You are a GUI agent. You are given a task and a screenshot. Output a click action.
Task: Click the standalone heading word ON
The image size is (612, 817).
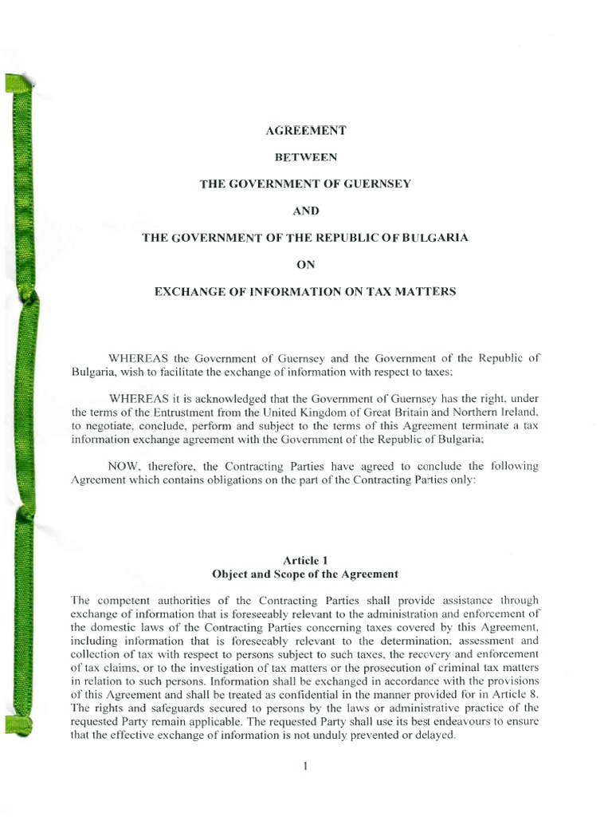pyautogui.click(x=305, y=264)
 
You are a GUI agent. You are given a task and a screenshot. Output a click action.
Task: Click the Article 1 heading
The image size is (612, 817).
pyautogui.click(x=305, y=560)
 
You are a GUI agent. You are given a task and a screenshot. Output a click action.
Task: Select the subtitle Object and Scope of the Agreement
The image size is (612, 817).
pyautogui.click(x=305, y=574)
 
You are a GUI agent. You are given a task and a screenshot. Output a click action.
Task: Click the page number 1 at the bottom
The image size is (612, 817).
pyautogui.click(x=305, y=767)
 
